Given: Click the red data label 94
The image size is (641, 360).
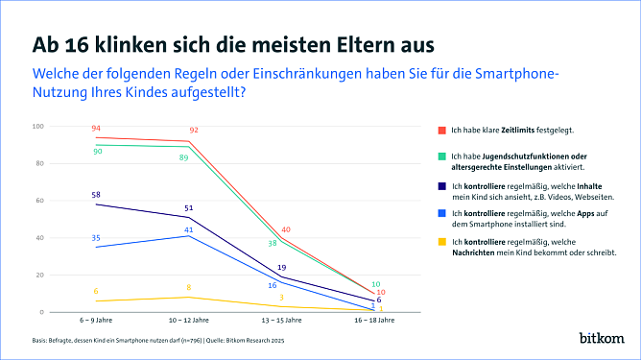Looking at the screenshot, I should click(x=96, y=129).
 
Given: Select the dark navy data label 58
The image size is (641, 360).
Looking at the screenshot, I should click(x=96, y=195).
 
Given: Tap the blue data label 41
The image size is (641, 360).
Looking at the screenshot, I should click(x=189, y=229).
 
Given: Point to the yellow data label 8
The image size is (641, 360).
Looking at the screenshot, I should click(x=189, y=288).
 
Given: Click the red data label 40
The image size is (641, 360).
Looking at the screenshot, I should click(x=286, y=229).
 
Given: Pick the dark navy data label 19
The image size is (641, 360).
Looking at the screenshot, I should click(x=281, y=267).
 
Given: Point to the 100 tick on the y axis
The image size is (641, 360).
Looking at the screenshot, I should click(x=38, y=126).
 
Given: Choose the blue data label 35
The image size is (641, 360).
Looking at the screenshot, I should click(x=96, y=237).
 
